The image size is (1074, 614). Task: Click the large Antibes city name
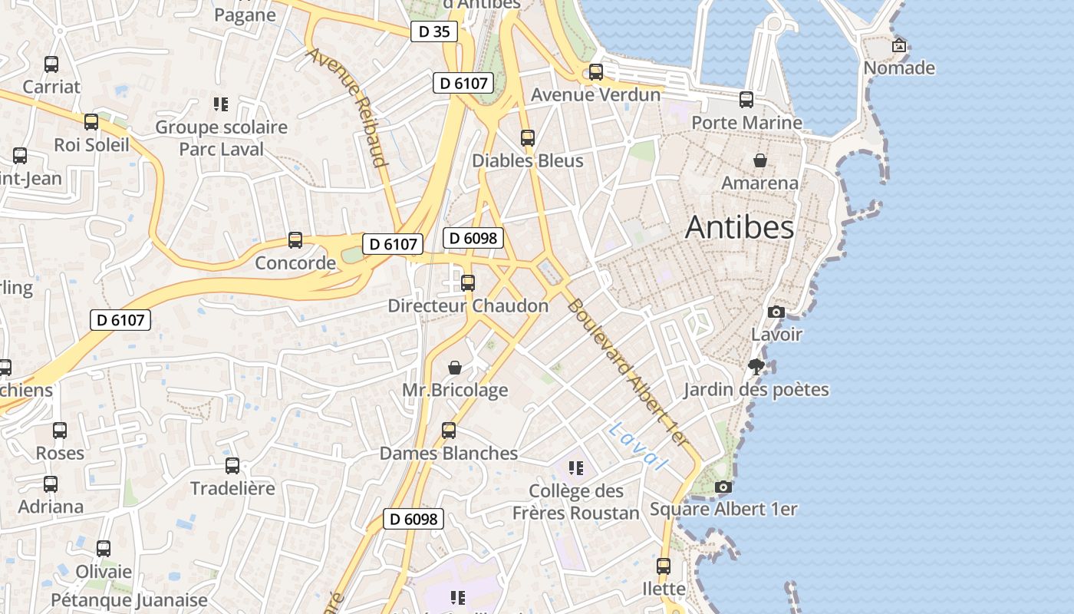click(x=740, y=227)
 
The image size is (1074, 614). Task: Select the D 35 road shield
click(x=434, y=31)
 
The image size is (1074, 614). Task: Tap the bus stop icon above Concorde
click(x=295, y=240)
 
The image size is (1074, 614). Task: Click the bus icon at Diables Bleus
click(x=528, y=138)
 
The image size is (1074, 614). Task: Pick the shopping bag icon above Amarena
click(x=759, y=160)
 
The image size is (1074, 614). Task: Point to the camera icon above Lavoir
click(x=776, y=312)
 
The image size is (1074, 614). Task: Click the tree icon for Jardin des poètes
click(x=756, y=367)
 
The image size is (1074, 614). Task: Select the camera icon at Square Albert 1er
click(x=723, y=487)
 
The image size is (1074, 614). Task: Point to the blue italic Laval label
click(x=637, y=446)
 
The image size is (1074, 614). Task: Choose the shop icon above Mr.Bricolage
click(x=455, y=368)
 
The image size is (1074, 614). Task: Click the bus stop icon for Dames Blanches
click(x=449, y=431)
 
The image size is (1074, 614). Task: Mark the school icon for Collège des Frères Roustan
click(x=576, y=468)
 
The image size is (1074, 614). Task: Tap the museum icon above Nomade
click(x=899, y=46)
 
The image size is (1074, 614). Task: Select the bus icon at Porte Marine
click(x=746, y=100)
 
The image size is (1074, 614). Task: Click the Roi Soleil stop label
click(x=91, y=144)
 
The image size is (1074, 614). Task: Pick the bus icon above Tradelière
click(x=232, y=466)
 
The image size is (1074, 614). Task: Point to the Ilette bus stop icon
click(x=664, y=566)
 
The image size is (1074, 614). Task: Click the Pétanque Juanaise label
click(x=129, y=600)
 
